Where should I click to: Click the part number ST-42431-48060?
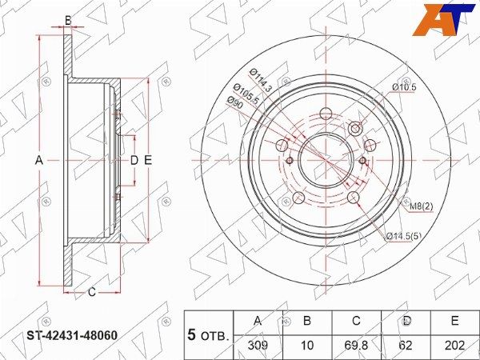[72, 335]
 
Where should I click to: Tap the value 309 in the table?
[258, 346]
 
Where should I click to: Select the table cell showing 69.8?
[356, 346]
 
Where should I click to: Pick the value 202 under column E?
[455, 346]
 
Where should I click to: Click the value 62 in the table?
[406, 346]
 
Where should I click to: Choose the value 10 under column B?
[307, 346]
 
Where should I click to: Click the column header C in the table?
[356, 321]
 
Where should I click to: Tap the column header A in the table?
[258, 321]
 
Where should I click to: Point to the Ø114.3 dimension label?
[261, 81]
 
